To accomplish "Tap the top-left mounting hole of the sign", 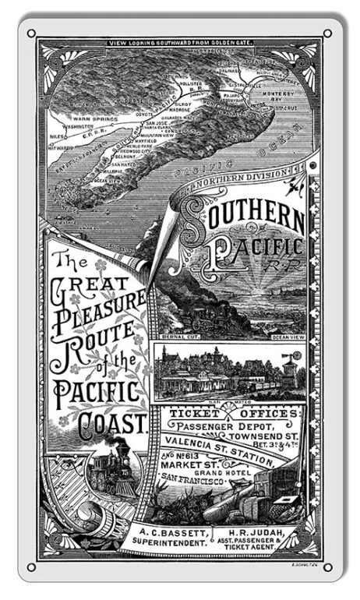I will [31, 34].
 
